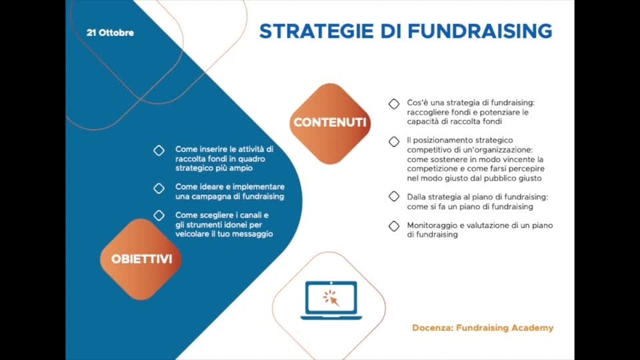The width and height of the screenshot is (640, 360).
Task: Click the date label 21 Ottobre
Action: tap(110, 33)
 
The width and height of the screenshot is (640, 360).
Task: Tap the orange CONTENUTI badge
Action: tap(330, 122)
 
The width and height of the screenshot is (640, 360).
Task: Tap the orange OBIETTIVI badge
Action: tap(141, 259)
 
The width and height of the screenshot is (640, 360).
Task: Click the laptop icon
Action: tap(331, 301)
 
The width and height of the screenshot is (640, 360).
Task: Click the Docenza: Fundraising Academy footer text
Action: tap(482, 328)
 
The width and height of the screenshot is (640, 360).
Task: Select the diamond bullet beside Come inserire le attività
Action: tap(159, 150)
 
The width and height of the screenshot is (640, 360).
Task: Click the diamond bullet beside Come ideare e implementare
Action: tap(159, 187)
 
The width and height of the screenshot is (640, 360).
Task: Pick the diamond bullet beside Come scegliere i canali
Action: tap(159, 215)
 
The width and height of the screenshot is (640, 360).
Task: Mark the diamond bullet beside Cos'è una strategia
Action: tap(394, 103)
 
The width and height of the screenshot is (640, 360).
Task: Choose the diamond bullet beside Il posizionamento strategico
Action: tap(394, 141)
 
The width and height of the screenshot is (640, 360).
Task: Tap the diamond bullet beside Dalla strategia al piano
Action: tap(394, 196)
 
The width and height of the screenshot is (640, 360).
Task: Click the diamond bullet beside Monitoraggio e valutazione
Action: tap(394, 225)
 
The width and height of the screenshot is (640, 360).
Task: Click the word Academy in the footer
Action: tap(531, 328)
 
